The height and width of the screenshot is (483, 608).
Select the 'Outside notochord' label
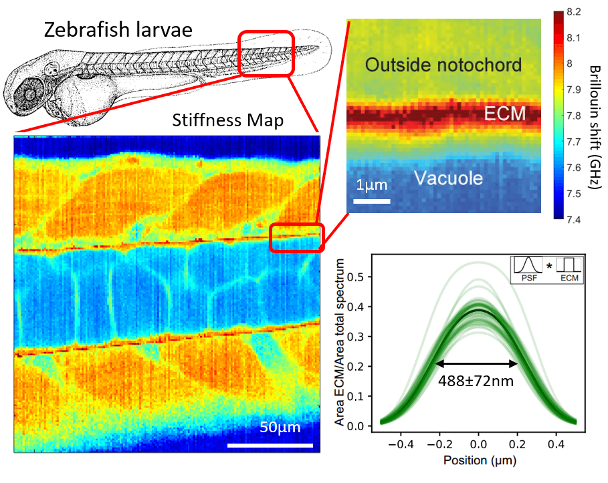coord(443,65)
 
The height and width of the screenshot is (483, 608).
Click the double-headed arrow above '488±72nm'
coord(476,364)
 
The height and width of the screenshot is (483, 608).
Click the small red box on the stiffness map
coord(296,238)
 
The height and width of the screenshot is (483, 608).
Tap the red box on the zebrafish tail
coord(266,53)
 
